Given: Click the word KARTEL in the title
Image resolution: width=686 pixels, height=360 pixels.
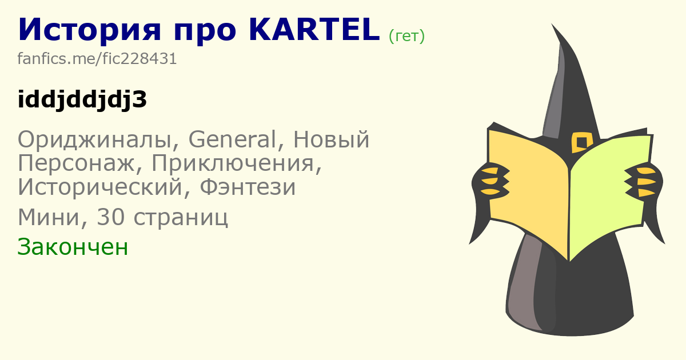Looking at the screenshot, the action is (314, 30).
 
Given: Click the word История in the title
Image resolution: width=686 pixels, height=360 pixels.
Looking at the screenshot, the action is (89, 30).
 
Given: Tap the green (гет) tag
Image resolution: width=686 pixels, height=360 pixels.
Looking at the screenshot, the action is (406, 36).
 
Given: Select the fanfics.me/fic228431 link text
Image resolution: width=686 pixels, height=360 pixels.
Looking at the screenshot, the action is (97, 58).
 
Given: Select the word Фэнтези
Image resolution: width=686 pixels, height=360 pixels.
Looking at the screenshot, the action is (248, 187).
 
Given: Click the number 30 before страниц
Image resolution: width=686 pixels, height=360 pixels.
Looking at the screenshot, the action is (111, 217).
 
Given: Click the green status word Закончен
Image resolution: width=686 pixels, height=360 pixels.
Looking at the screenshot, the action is (73, 247).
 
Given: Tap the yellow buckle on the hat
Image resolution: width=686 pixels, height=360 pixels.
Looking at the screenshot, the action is (581, 142).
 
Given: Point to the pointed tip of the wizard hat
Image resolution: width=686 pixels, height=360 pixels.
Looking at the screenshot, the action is (552, 24).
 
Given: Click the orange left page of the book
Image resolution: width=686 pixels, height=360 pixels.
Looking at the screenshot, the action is (529, 190).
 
